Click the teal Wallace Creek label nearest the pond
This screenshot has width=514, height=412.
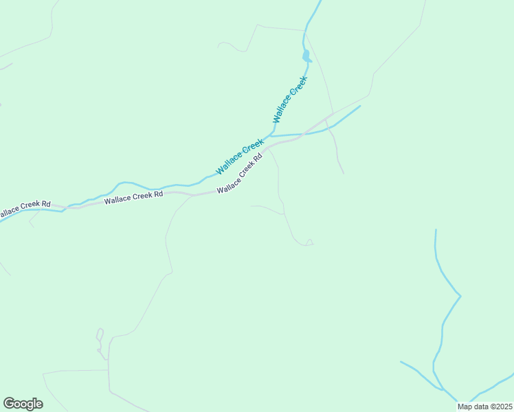290,99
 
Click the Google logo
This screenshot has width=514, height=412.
23,403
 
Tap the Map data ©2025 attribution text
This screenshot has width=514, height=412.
484,407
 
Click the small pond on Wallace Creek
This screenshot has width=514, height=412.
306,57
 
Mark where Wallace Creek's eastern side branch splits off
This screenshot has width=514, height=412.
271,135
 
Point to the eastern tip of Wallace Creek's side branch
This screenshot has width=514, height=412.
360,106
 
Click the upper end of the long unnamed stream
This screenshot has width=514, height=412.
436,230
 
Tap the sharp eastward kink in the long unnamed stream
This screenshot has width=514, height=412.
460,296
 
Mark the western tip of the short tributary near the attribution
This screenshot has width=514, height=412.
401,361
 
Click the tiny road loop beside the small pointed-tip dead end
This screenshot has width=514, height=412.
309,242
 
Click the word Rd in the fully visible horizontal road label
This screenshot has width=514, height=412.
158,194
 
